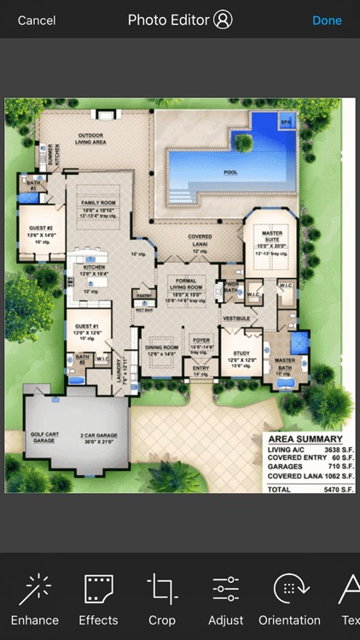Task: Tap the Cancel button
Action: (x=37, y=20)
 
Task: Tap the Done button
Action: (x=327, y=20)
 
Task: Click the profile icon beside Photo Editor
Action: (x=223, y=20)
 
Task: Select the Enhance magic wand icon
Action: (x=35, y=590)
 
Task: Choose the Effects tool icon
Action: (x=99, y=590)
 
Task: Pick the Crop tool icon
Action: (x=162, y=590)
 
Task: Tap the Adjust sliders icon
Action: (x=226, y=590)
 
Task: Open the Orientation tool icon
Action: (x=289, y=590)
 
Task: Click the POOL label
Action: (x=230, y=172)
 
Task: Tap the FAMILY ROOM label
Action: (x=99, y=202)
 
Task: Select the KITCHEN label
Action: (x=94, y=268)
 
